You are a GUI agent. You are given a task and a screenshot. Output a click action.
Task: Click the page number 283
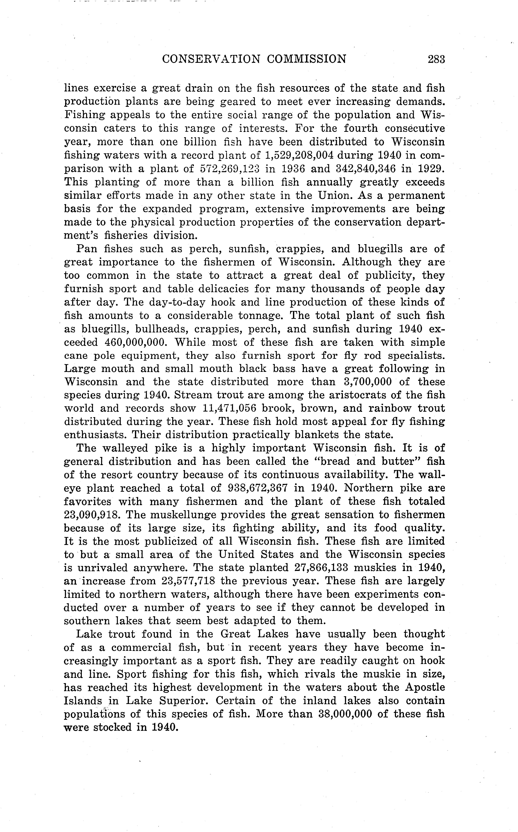coord(436,59)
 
